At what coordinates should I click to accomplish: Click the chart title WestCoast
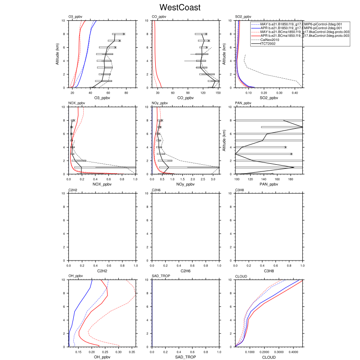point(180,8)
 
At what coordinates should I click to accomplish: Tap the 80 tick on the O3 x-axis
point(126,93)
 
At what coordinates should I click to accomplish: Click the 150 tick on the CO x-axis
point(218,93)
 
